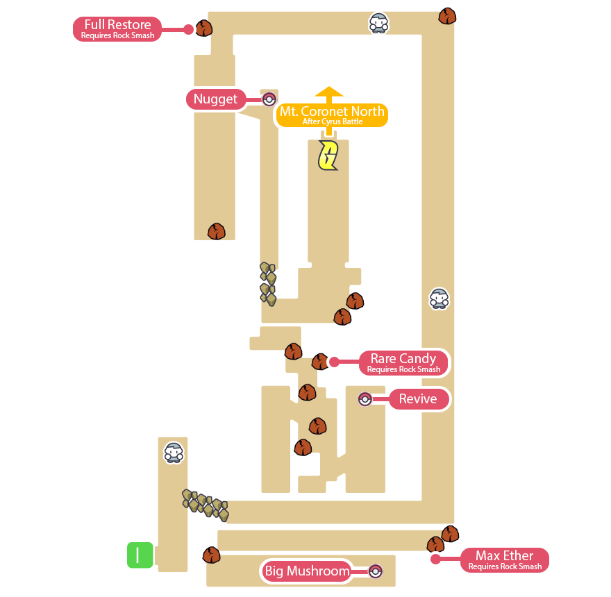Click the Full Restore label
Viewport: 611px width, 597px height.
click(117, 28)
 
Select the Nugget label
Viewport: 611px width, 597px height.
click(215, 99)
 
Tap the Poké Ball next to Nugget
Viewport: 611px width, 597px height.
click(269, 99)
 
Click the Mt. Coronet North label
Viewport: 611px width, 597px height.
click(332, 115)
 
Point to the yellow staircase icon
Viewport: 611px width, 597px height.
click(328, 155)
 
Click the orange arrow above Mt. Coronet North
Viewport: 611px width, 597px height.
click(329, 93)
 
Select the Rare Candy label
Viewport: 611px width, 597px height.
click(403, 362)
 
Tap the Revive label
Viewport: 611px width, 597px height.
click(418, 399)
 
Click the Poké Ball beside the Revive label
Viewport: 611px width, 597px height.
click(365, 399)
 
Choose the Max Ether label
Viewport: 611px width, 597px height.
click(505, 560)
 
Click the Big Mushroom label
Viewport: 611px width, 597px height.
click(306, 571)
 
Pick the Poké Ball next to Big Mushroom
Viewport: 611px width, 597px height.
click(375, 571)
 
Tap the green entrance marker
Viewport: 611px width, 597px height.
click(140, 555)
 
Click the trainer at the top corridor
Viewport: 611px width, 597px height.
click(378, 23)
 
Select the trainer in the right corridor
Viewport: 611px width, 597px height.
click(439, 298)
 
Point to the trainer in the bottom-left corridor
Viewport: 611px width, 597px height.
click(174, 453)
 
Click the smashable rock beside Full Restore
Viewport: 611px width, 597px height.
click(203, 28)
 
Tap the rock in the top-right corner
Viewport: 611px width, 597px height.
click(447, 16)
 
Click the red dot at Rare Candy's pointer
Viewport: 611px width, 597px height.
click(333, 362)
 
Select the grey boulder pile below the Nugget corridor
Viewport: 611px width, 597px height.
click(267, 283)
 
